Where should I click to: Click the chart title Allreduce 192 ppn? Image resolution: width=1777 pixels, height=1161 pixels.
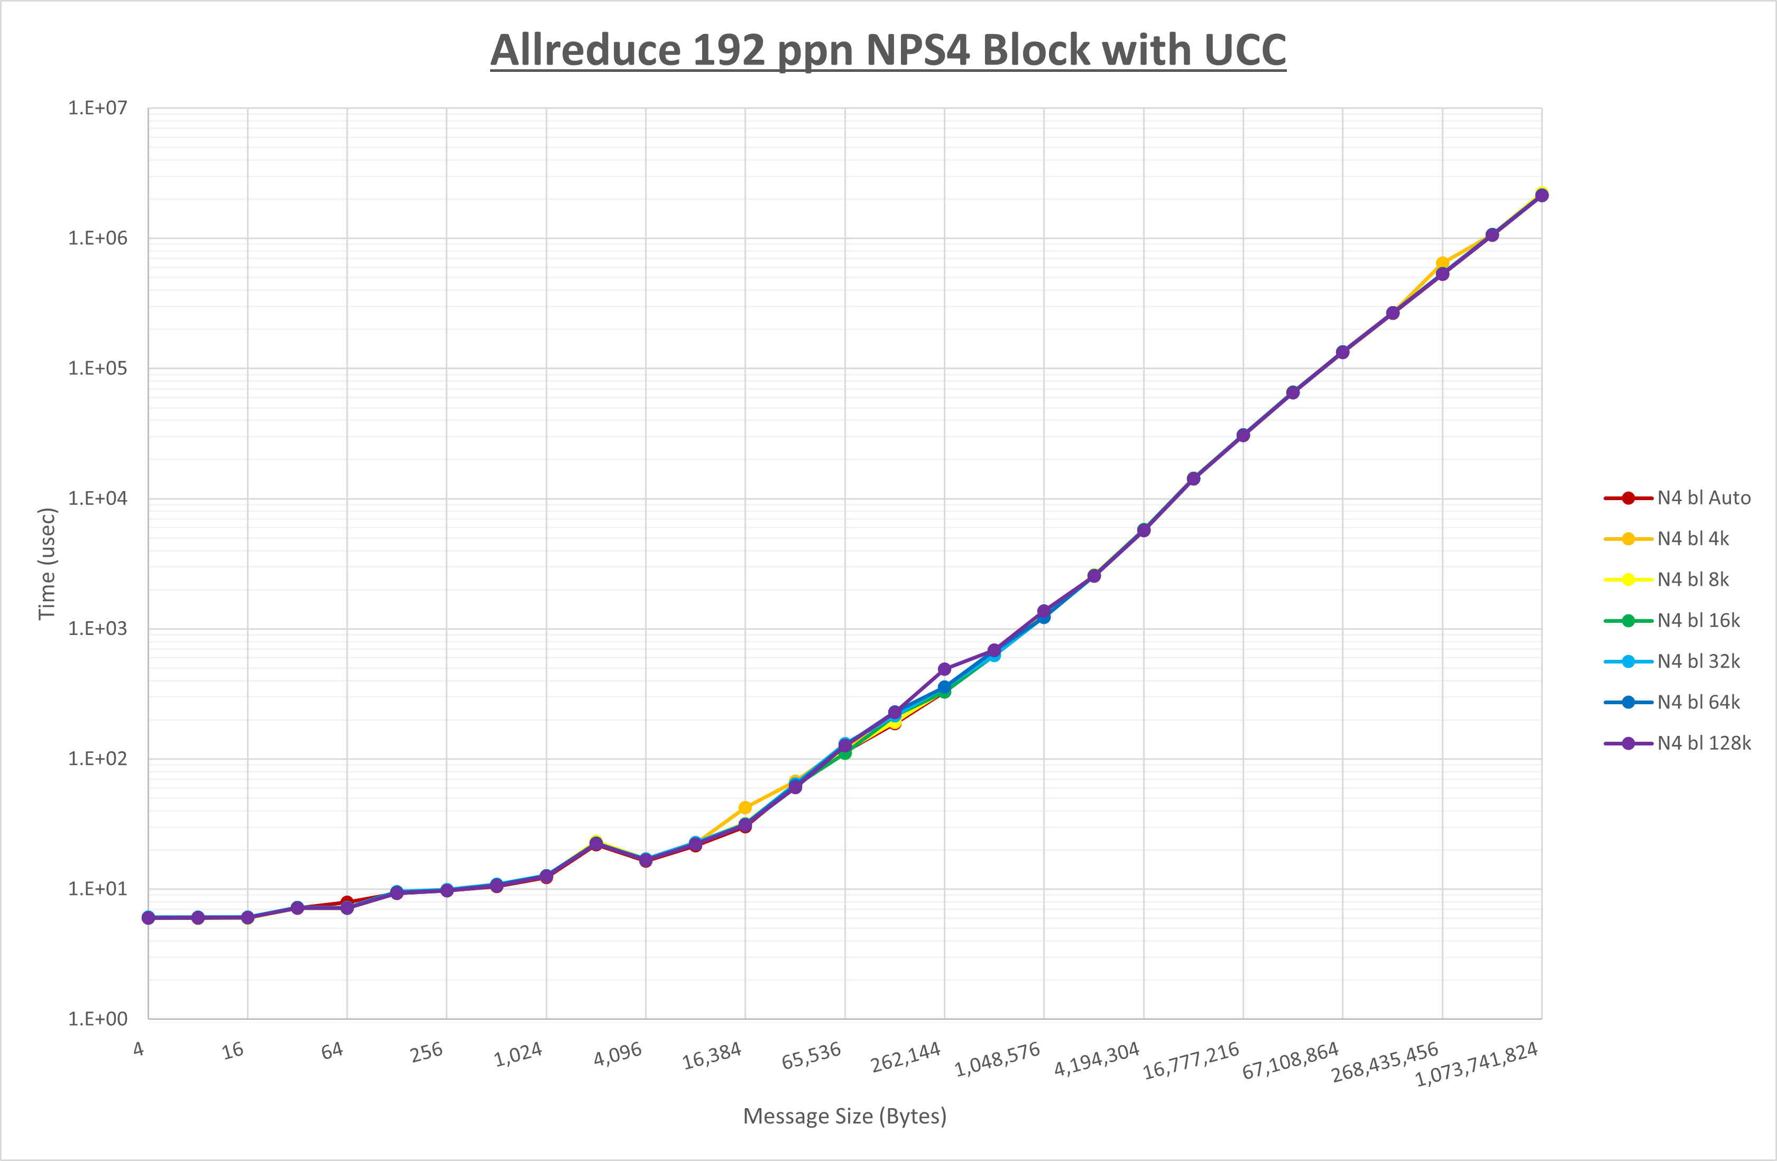888,51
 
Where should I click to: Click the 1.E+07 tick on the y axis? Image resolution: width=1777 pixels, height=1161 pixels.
98,108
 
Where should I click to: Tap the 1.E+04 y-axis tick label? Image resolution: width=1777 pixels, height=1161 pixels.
98,499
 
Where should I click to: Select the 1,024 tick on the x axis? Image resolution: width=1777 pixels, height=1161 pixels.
518,1055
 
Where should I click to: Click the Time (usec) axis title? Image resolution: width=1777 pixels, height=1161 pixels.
47,564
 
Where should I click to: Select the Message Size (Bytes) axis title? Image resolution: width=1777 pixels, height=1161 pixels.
844,1116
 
